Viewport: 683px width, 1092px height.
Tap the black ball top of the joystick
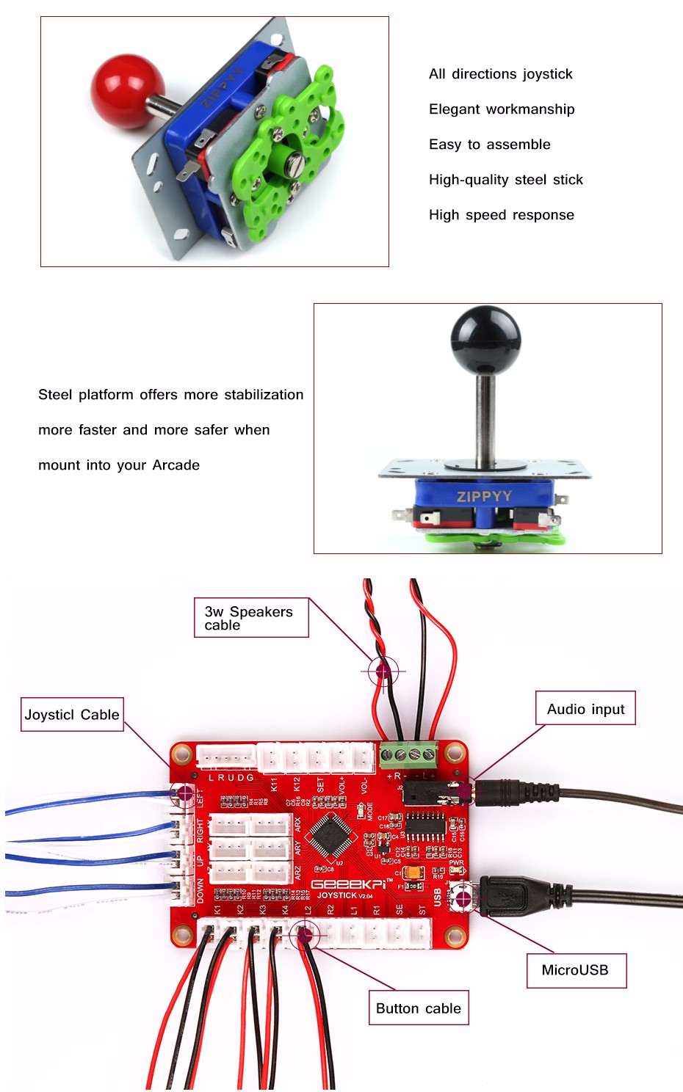click(x=485, y=340)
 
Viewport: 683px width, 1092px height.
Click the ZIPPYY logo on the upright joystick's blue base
click(x=484, y=497)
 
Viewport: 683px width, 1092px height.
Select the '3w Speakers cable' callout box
click(x=251, y=618)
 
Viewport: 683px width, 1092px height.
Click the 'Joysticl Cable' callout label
click(x=72, y=715)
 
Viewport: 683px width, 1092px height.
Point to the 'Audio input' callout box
click(x=585, y=709)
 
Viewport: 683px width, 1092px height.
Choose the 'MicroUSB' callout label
click(x=576, y=970)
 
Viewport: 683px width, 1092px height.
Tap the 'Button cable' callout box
click(x=418, y=1008)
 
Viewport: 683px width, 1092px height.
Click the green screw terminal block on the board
click(x=408, y=754)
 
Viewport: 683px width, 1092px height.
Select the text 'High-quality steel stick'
click(x=506, y=180)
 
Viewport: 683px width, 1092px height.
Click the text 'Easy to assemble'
click(x=490, y=145)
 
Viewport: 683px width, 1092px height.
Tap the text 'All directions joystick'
click(x=501, y=74)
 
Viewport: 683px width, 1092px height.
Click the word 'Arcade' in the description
click(x=176, y=465)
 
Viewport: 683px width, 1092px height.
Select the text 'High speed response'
click(x=502, y=215)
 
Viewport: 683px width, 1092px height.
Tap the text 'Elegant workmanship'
click(x=502, y=109)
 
